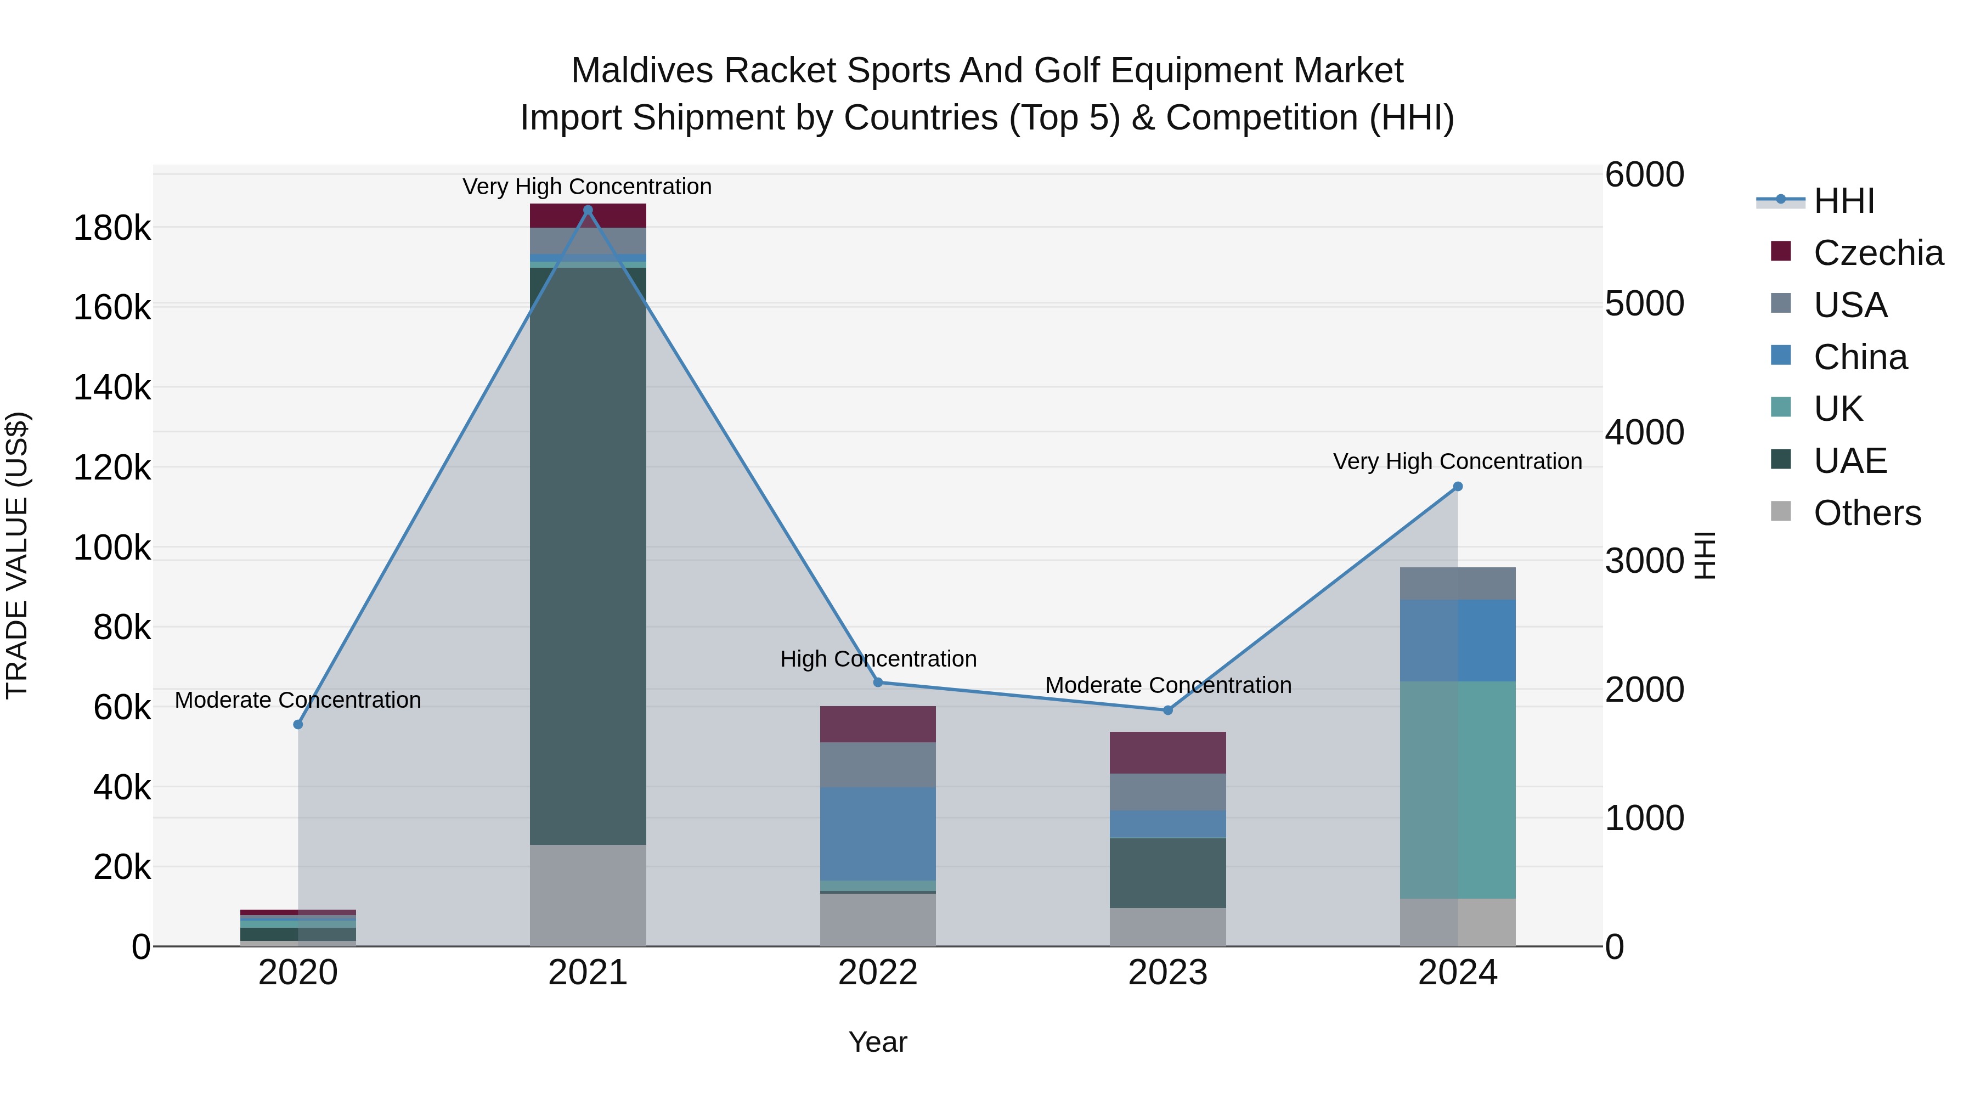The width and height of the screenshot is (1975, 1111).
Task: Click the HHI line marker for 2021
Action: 588,210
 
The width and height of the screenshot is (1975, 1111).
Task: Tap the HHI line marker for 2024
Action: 1458,487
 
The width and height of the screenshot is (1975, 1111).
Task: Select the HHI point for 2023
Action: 1167,710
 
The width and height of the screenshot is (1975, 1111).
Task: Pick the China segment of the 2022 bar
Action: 878,833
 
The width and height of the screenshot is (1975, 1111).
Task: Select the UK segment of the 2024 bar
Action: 1458,789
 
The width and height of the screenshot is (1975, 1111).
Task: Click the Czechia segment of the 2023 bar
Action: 1167,752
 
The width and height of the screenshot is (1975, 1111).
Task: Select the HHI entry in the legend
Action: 1843,201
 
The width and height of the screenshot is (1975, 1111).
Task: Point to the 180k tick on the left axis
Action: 112,228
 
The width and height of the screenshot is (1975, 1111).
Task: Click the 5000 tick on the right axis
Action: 1645,303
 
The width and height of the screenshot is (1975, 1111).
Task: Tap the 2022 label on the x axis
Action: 878,973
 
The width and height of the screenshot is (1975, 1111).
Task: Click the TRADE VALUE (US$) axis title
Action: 18,555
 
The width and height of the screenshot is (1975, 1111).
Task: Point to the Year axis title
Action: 878,1042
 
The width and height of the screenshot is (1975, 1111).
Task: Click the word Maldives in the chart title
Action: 642,71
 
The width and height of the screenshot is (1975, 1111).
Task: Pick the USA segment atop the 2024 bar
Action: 1458,584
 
